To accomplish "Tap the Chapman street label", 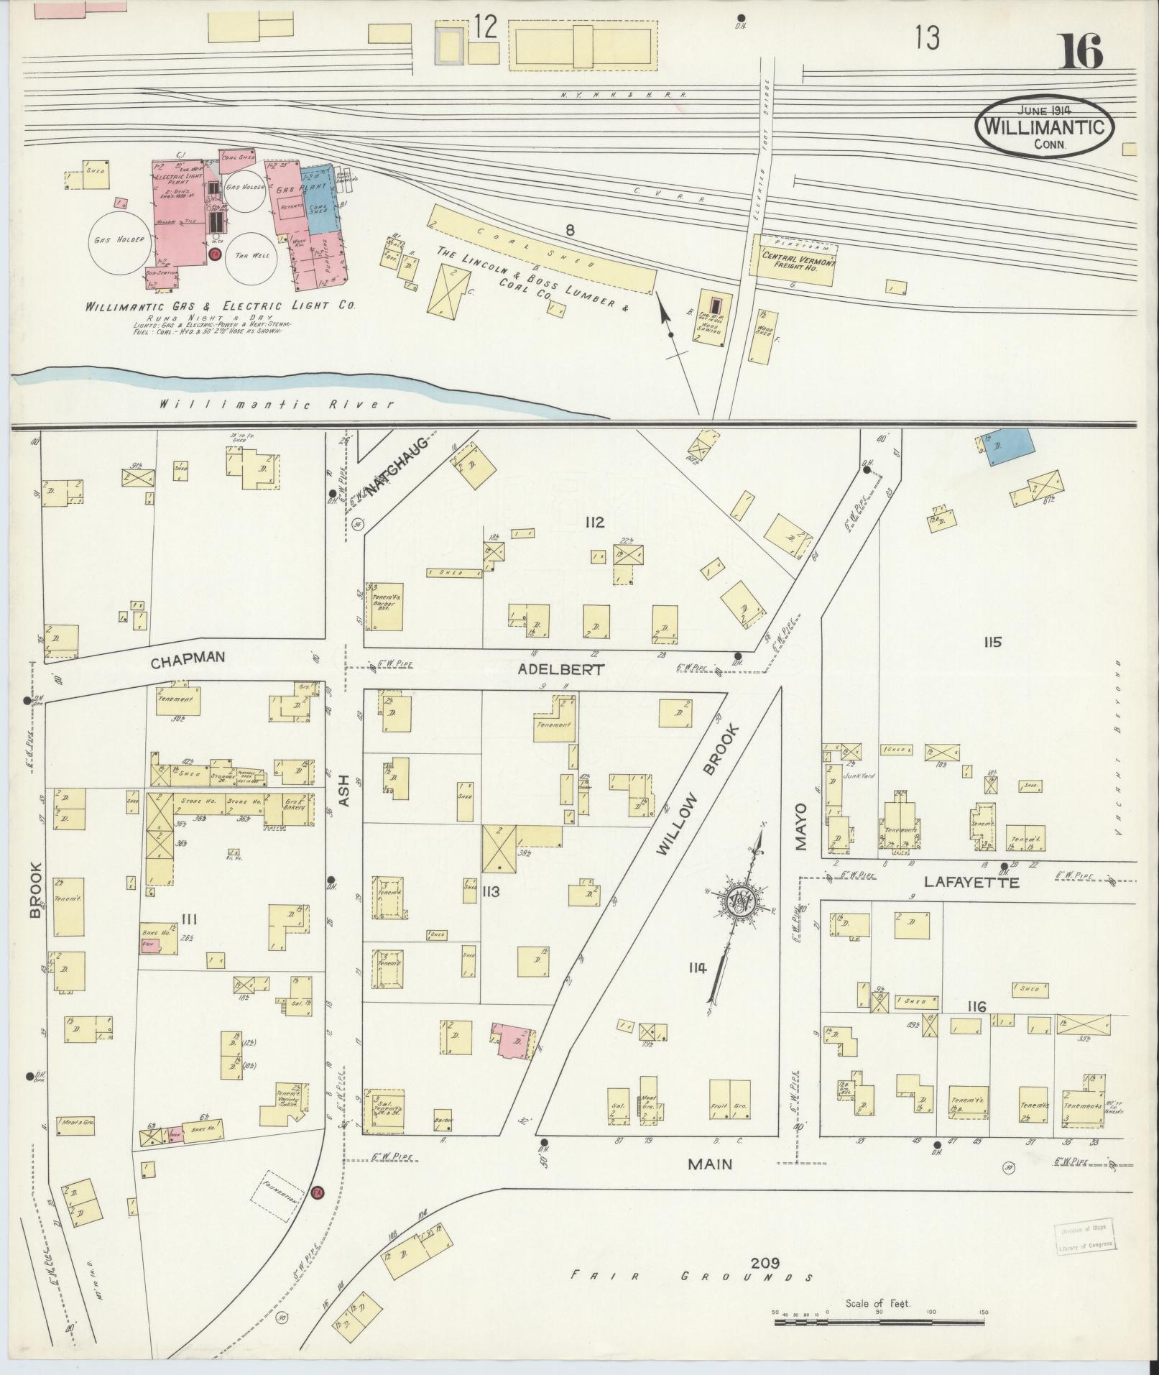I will pyautogui.click(x=188, y=657).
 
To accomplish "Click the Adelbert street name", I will pyautogui.click(x=560, y=668).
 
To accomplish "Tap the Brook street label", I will pyautogui.click(x=36, y=890).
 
